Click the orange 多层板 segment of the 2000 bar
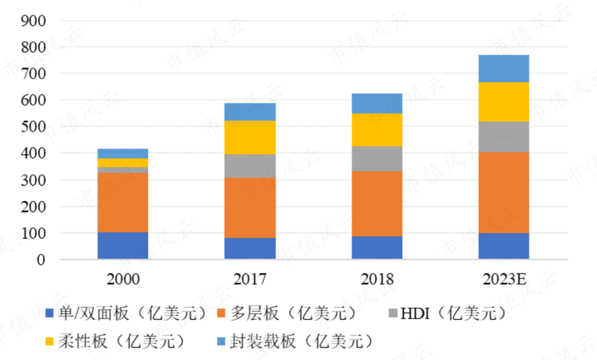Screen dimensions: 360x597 pos(123,202)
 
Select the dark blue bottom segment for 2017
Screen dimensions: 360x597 pos(250,248)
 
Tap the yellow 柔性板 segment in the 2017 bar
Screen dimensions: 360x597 pos(250,137)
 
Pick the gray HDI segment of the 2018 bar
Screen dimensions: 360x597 pos(377,159)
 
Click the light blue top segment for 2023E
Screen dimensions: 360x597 pos(503,68)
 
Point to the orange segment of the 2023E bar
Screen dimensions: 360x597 pos(503,193)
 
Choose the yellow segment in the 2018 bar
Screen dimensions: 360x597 pos(377,130)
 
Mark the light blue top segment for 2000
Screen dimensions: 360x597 pos(123,153)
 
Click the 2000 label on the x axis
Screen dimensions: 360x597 pos(123,280)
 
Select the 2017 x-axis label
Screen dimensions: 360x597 pos(250,280)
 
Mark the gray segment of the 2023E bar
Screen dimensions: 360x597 pos(503,137)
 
